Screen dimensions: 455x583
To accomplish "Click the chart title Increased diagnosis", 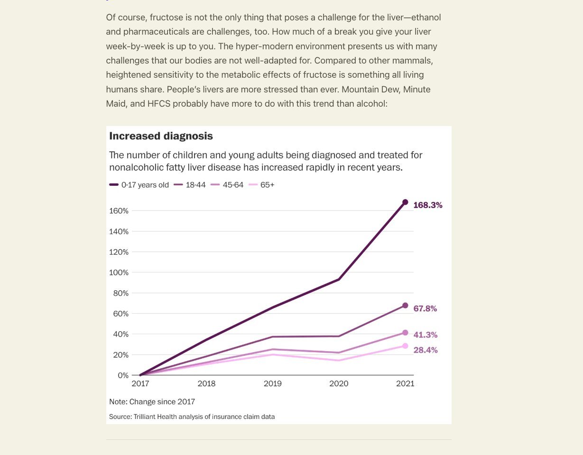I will [161, 136].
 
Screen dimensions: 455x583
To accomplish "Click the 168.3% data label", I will [427, 205].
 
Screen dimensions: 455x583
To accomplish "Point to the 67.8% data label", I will [425, 309].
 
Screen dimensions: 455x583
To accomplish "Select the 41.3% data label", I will [425, 335].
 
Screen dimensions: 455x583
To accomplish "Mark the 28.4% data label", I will [425, 350].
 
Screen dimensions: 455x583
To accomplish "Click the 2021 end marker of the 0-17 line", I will [405, 202].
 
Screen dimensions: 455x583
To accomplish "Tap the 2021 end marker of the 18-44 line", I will [405, 305].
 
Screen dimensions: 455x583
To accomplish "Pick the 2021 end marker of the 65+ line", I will [405, 346].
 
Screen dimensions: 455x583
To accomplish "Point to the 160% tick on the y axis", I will [119, 211].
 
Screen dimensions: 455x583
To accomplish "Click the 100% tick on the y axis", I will [119, 273].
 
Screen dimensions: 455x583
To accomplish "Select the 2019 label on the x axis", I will [272, 383].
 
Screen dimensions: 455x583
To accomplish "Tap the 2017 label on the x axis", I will [140, 383].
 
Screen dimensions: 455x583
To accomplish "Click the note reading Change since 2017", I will [152, 401].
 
